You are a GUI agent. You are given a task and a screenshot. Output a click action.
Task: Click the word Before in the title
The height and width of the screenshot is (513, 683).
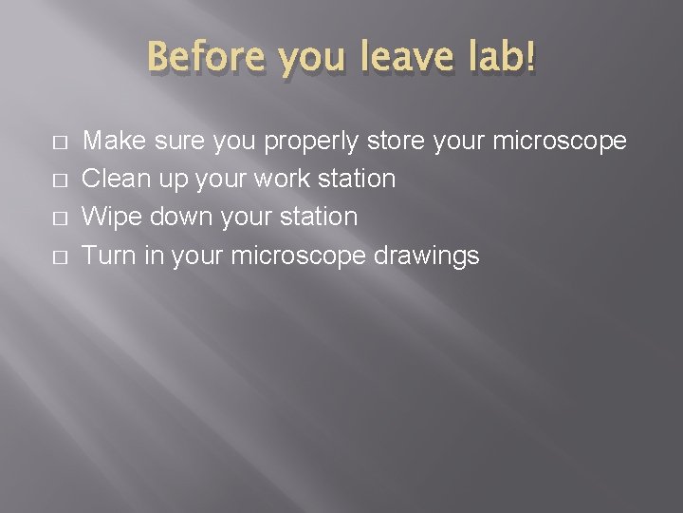tap(198, 59)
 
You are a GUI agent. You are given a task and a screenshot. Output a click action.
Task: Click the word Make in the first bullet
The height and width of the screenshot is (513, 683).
tap(110, 142)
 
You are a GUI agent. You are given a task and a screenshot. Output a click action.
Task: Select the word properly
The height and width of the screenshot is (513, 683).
tap(311, 142)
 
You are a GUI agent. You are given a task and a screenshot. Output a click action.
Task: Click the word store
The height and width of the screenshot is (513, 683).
tap(396, 142)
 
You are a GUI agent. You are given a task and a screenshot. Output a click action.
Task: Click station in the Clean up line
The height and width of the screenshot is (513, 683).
tap(359, 179)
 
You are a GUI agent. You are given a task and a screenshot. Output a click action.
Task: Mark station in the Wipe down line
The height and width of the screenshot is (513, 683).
tap(320, 217)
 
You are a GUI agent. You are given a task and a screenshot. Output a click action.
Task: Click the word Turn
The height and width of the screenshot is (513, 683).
tap(109, 256)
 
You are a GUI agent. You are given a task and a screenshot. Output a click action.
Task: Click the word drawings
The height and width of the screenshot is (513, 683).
tap(427, 256)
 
